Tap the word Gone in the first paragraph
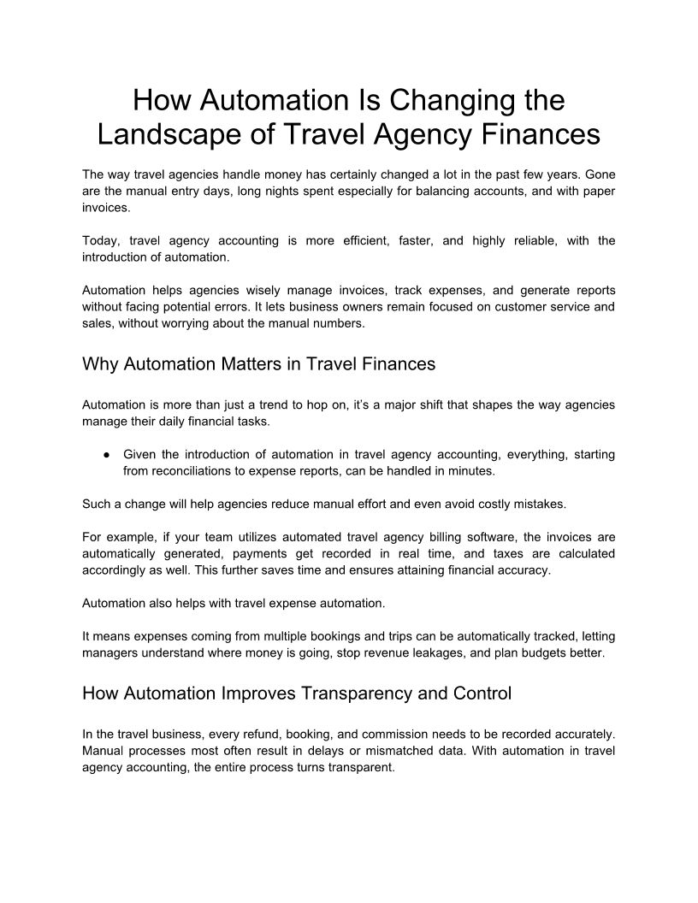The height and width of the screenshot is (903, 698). [599, 173]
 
